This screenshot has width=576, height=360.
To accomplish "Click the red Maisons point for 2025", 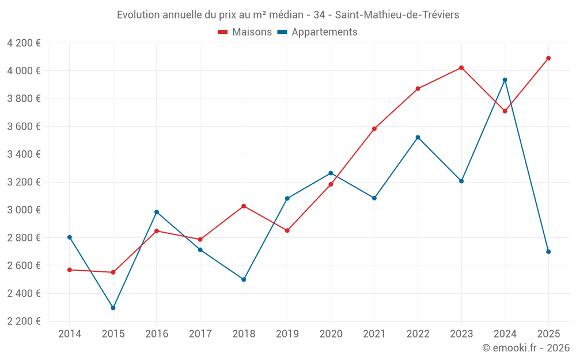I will pos(548,58).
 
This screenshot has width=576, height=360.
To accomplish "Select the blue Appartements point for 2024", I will pos(505,80).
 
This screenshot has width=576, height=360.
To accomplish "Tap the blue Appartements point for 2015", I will pos(113,308).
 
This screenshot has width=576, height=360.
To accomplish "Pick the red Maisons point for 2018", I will pos(244,206).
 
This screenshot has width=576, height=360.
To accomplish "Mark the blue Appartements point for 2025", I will pos(548,252).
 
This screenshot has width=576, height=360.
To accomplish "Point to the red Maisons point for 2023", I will pos(461,68).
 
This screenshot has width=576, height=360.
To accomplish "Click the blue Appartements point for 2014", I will pos(70,237).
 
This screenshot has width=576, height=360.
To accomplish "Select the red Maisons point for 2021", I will pos(374,128).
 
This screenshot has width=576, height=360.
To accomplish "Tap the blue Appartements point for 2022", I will pos(418,137).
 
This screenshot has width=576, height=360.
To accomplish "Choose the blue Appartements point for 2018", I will pos(244,279).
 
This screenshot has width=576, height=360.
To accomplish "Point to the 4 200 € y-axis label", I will pos(24,43).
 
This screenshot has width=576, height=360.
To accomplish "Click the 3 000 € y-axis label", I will pos(24,210).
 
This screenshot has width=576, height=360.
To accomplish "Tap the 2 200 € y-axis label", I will pos(24,321).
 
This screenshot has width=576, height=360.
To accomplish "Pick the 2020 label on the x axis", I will pos(331,334).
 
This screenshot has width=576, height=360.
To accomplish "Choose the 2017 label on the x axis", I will pos(200,334).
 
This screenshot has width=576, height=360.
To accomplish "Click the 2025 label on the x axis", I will pos(548,334).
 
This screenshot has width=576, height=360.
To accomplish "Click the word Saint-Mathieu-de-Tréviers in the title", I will pos(397,15).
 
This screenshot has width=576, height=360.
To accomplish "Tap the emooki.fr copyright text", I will pos(526,348).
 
